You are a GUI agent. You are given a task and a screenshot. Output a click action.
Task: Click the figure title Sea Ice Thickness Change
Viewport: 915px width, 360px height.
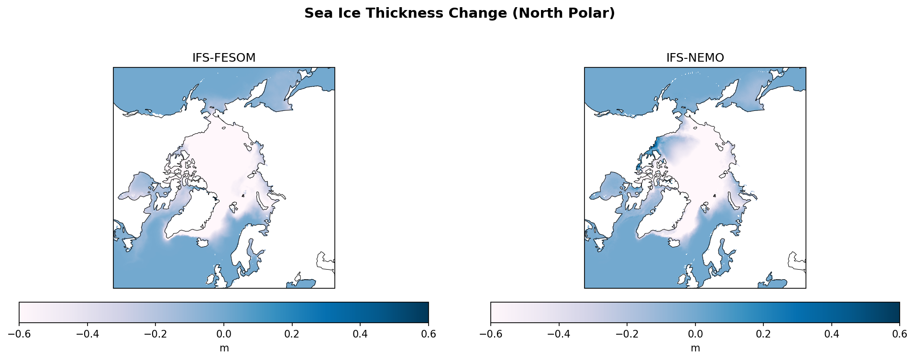(459, 13)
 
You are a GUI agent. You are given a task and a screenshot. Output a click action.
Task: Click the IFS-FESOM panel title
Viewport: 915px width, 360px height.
(224, 58)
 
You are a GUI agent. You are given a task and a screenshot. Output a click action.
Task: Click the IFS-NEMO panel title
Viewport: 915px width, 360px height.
(695, 58)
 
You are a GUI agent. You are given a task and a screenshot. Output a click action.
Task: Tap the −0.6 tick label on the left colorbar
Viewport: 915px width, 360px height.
(19, 334)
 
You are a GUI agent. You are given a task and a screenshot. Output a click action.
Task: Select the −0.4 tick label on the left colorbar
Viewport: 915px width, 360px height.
(88, 334)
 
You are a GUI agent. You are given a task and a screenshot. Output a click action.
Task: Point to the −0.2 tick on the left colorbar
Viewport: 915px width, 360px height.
(155, 334)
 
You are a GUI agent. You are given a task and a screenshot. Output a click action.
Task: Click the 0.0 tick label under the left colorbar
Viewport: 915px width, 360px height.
(224, 334)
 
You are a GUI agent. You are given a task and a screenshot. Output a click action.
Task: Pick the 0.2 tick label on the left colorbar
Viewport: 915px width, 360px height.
(292, 334)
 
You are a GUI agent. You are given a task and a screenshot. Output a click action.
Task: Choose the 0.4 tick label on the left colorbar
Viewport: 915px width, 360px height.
(360, 334)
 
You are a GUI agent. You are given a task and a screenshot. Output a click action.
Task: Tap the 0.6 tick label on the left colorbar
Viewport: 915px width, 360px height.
(428, 334)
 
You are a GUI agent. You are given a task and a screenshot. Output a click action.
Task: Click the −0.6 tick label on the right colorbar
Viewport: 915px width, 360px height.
(491, 334)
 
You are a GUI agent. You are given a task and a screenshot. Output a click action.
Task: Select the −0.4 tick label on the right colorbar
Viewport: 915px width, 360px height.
(559, 334)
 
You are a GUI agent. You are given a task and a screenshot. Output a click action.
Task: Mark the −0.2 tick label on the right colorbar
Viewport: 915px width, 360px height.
(627, 334)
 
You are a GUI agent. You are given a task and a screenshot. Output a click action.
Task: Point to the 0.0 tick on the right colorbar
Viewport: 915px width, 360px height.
(695, 334)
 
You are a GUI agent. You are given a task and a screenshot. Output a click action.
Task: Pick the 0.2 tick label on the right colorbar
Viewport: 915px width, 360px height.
(763, 334)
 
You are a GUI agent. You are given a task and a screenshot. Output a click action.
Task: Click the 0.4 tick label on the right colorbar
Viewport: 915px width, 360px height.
(832, 334)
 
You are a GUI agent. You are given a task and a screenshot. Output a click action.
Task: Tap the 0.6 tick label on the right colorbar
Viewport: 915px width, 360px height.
(900, 334)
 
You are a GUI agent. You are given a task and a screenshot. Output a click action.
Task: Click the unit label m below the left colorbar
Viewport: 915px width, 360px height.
(224, 348)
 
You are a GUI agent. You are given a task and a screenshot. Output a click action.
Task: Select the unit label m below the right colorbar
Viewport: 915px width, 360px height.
(695, 348)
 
